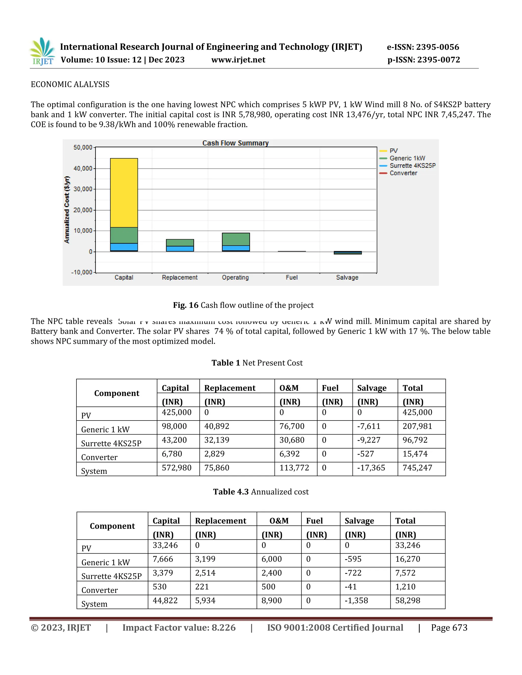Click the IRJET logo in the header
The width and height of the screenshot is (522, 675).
[42, 51]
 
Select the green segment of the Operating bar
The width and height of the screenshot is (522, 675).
[236, 239]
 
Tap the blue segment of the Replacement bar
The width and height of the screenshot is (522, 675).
[180, 249]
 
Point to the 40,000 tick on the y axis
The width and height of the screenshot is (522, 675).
[83, 168]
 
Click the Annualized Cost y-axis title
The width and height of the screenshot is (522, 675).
[67, 210]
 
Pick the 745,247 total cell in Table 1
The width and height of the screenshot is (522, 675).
[417, 468]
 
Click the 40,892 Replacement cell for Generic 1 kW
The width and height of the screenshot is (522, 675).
[216, 426]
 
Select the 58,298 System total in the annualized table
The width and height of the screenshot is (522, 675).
[407, 601]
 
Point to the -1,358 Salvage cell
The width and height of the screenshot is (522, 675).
[356, 601]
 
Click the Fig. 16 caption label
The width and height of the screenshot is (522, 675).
[186, 305]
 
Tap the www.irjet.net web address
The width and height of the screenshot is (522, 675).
[238, 60]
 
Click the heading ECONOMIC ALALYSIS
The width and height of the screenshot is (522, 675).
[70, 84]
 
